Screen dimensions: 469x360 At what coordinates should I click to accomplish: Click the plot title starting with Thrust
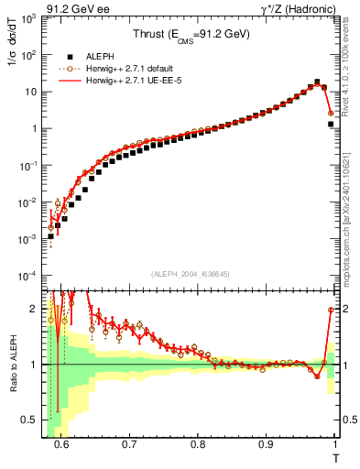click(x=191, y=36)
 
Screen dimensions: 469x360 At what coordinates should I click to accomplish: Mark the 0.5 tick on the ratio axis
click(x=29, y=420)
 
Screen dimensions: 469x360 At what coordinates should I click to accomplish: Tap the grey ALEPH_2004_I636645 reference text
click(x=190, y=274)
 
